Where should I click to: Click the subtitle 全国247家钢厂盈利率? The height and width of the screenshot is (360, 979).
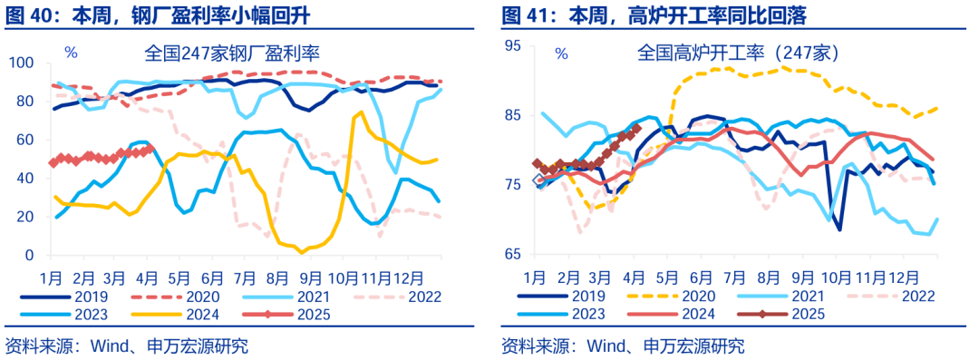(x=238, y=53)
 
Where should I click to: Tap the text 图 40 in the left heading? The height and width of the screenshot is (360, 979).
(x=25, y=15)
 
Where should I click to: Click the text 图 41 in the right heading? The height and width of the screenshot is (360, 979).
(x=521, y=15)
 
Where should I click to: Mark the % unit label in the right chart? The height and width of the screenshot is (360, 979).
(x=561, y=54)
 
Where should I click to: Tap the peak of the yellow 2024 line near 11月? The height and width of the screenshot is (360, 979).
(x=361, y=112)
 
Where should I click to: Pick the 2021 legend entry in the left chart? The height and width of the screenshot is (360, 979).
(x=307, y=296)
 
